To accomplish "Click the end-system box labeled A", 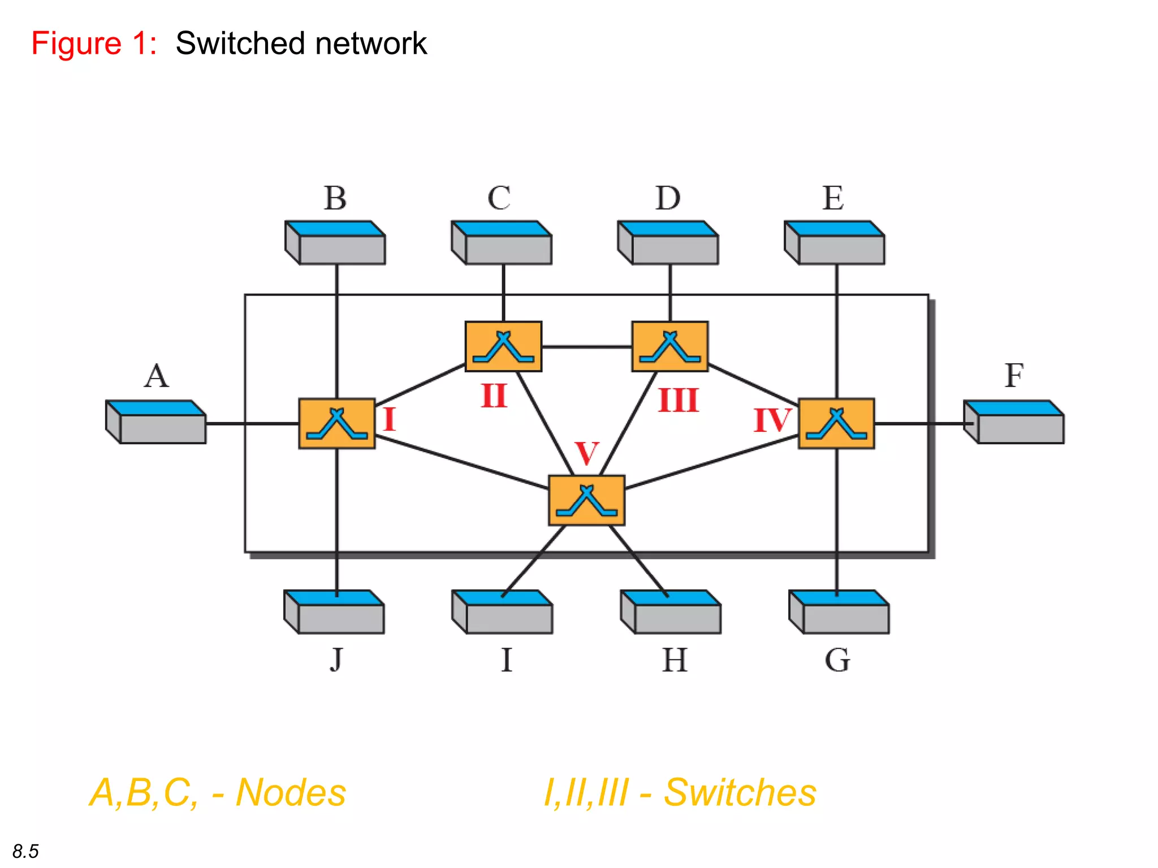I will [x=156, y=422].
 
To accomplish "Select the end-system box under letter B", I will [x=335, y=243].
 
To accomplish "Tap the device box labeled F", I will [x=1014, y=422].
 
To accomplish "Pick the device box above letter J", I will [x=334, y=612].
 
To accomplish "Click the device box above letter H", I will [x=671, y=612].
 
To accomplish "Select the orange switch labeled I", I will [x=337, y=423].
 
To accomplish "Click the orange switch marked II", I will [x=503, y=346].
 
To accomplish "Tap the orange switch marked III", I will [x=670, y=346].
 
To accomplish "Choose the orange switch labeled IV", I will [x=836, y=423].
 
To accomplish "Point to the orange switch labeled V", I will [x=586, y=500].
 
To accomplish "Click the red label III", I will [x=679, y=400].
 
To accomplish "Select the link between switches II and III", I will [x=586, y=346].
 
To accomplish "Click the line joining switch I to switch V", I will [x=461, y=462].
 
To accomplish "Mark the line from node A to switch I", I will [x=252, y=423].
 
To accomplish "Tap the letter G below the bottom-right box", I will [x=837, y=659].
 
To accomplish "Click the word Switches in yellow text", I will [x=740, y=792].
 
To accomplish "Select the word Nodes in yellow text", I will [x=291, y=792].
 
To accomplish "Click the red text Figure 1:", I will [x=94, y=44].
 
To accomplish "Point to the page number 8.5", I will [x=25, y=851].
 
